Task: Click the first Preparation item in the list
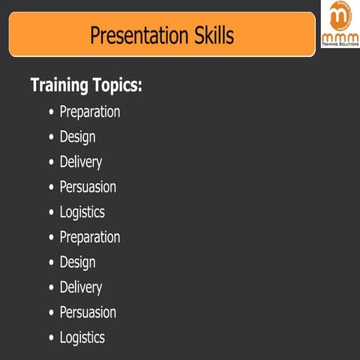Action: (x=90, y=112)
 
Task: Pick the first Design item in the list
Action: (x=77, y=137)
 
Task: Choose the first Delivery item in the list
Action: (x=80, y=162)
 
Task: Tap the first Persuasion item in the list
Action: (x=88, y=187)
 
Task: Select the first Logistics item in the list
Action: (x=82, y=212)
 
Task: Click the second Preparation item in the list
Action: (x=90, y=237)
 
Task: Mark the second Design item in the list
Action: (x=77, y=262)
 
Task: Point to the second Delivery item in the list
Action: (x=80, y=287)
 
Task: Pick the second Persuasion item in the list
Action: (x=88, y=312)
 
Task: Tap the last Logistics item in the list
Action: (x=82, y=337)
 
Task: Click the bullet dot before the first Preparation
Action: (x=51, y=112)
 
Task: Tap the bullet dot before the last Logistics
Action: (x=51, y=337)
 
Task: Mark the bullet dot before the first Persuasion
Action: (x=51, y=187)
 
